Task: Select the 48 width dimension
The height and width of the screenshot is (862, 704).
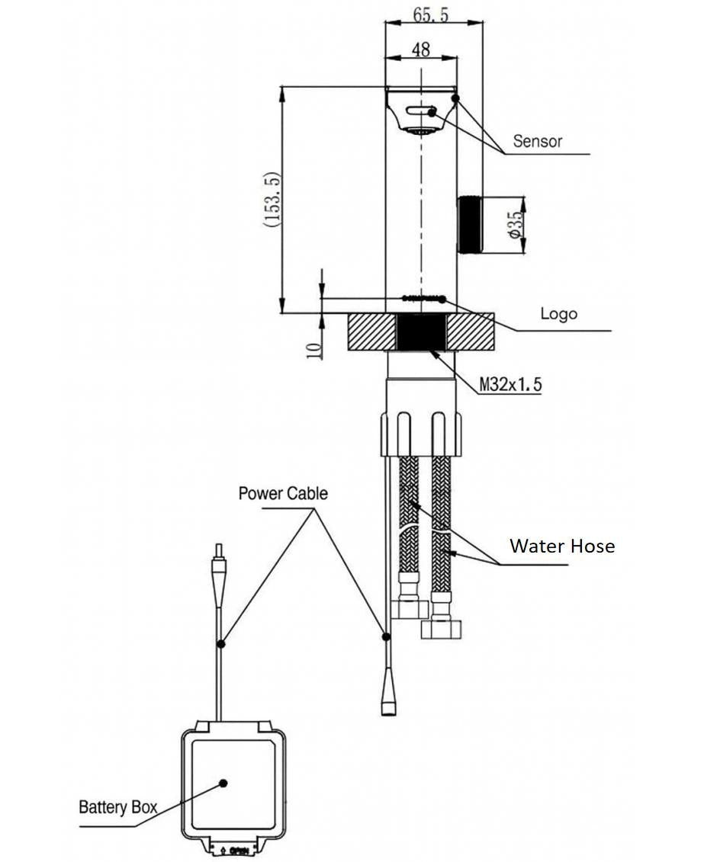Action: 420,50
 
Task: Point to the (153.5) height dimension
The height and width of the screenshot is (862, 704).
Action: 273,200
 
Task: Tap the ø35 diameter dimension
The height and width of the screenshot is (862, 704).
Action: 516,226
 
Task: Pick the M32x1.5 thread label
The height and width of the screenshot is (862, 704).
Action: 510,385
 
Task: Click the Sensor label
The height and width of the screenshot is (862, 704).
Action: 537,141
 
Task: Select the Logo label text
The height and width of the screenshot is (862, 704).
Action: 558,314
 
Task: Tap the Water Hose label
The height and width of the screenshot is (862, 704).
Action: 561,546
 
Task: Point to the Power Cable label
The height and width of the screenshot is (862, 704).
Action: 283,493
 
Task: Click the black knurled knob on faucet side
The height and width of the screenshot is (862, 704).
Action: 469,226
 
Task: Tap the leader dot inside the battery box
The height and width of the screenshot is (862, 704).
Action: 223,782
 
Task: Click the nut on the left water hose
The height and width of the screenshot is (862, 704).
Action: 411,607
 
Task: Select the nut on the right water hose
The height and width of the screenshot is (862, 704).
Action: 439,627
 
